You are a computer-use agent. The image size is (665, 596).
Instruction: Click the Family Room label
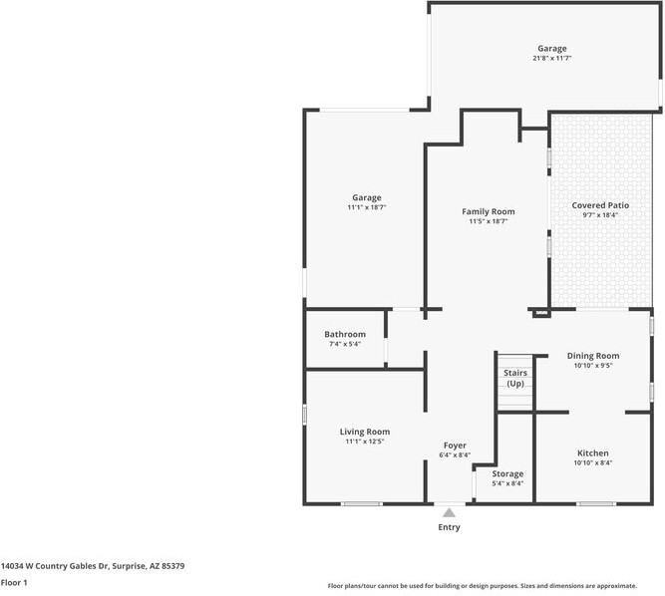point(488,211)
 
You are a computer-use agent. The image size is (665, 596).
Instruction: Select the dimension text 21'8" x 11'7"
point(552,59)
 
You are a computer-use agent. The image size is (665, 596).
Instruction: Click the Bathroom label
point(345,334)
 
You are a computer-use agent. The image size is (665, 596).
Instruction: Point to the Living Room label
point(364,432)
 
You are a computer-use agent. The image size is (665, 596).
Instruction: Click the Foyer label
point(455,446)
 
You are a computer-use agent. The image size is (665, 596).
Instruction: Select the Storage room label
point(507,473)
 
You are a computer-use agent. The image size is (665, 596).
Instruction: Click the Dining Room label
point(593,356)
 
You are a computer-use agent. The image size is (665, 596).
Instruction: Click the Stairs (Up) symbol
point(515,380)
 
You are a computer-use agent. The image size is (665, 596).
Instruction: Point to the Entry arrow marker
point(450,513)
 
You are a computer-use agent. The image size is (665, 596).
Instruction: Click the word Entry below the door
point(450,527)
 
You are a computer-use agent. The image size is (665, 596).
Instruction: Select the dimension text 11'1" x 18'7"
point(366,207)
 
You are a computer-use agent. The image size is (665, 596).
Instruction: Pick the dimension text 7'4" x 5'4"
point(345,344)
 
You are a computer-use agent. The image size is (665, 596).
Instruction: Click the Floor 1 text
point(14,582)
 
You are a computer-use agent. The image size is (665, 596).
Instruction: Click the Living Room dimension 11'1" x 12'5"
point(364,442)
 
